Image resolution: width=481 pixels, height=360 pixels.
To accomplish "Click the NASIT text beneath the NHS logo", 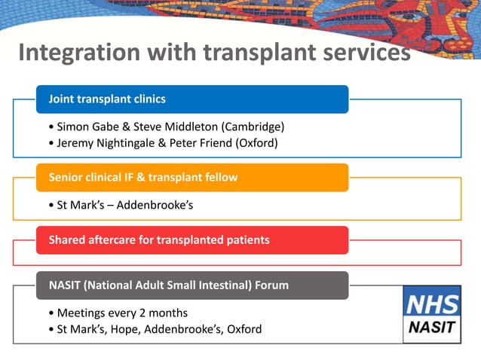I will [431, 328].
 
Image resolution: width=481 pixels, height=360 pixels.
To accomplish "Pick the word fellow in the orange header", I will [219, 178].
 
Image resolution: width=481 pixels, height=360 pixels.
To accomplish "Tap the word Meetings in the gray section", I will [82, 313].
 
